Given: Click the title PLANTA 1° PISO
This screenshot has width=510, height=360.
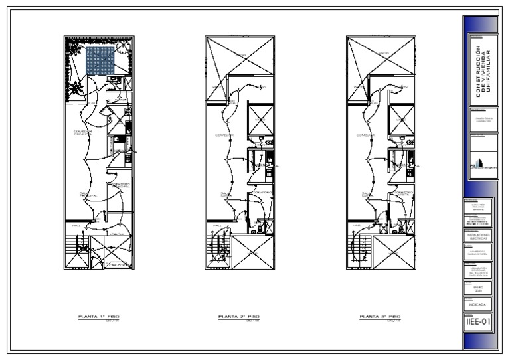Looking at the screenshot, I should (x=98, y=317).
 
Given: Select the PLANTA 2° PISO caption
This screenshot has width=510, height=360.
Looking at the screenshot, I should (x=239, y=317).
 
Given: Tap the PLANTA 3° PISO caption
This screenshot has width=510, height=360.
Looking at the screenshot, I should (x=379, y=317).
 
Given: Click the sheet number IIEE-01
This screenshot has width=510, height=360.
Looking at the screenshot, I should (x=478, y=322).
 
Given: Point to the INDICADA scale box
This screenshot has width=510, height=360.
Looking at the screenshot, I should (x=478, y=305).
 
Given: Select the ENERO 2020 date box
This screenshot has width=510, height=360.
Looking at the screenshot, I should (x=478, y=288).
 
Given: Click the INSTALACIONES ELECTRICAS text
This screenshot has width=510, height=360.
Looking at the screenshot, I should (x=478, y=236).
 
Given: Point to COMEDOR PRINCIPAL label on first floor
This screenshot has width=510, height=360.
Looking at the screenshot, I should (x=83, y=133).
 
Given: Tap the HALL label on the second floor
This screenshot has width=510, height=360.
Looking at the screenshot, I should (x=216, y=225).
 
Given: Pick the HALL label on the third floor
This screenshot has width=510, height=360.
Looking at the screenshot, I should (x=357, y=225).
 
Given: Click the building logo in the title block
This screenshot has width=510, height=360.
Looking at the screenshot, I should (x=474, y=161).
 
